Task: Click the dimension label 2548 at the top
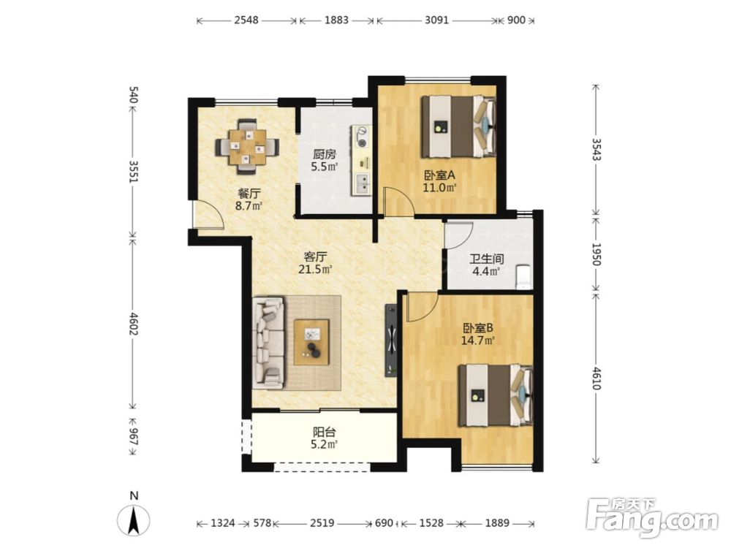[x=246, y=20]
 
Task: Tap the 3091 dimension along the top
[x=437, y=20]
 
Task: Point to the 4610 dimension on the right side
[x=595, y=377]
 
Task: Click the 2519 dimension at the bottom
[x=322, y=523]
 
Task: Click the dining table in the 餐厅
[x=247, y=147]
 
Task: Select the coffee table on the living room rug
[x=311, y=342]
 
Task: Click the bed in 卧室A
[x=458, y=126]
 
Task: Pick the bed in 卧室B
[x=496, y=395]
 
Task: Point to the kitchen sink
[x=362, y=183]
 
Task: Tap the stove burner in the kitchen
[x=362, y=133]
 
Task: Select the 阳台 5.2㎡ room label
[x=324, y=438]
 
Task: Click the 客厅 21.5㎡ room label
[x=315, y=262]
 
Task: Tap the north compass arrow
[x=133, y=519]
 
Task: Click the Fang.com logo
[x=652, y=517]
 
